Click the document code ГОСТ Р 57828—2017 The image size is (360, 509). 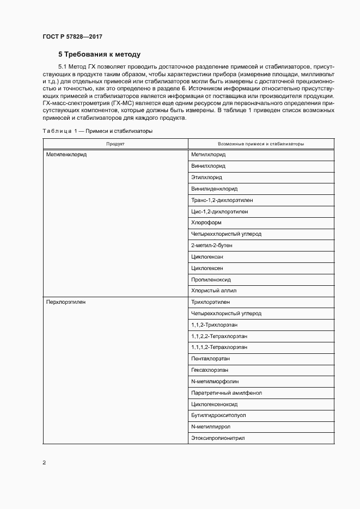[72, 36]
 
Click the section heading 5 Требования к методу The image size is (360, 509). [100, 54]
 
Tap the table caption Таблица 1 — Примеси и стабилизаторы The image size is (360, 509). [97, 131]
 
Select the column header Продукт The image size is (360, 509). [115, 144]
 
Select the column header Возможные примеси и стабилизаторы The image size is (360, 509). [260, 144]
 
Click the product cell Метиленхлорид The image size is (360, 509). [66, 155]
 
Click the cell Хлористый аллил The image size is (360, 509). [213, 291]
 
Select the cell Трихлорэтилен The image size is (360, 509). [211, 302]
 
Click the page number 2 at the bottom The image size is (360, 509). [44, 463]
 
